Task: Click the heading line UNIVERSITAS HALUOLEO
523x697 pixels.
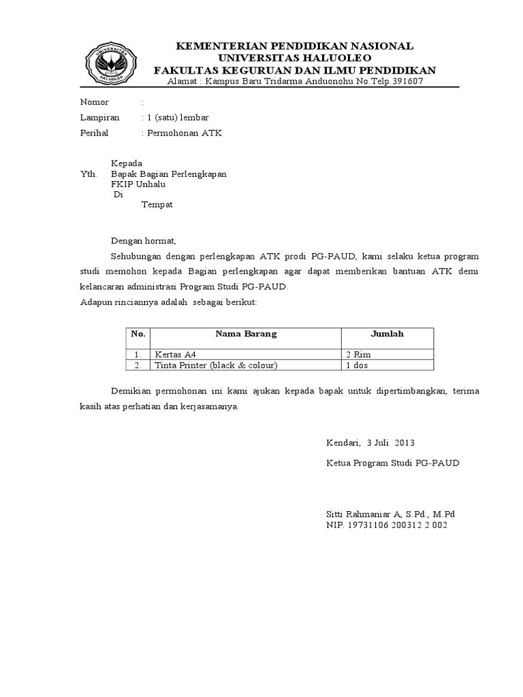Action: pyautogui.click(x=295, y=59)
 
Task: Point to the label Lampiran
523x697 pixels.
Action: pyautogui.click(x=99, y=118)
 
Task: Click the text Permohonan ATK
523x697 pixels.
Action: pyautogui.click(x=184, y=133)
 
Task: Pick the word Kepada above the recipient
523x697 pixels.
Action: pyautogui.click(x=127, y=163)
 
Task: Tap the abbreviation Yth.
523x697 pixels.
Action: pyautogui.click(x=89, y=174)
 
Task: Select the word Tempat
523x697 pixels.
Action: pyautogui.click(x=157, y=205)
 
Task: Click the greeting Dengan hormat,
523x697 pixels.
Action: pyautogui.click(x=144, y=240)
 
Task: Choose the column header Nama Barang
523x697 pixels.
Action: pyautogui.click(x=246, y=334)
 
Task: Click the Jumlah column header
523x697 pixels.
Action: pyautogui.click(x=387, y=334)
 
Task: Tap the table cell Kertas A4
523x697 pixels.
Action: pyautogui.click(x=175, y=355)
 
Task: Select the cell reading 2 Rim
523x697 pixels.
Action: pyautogui.click(x=359, y=355)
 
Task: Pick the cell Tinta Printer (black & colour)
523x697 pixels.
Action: pyautogui.click(x=216, y=366)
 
